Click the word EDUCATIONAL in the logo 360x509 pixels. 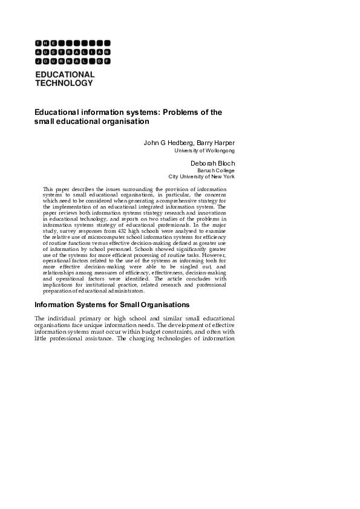pyautogui.click(x=65, y=74)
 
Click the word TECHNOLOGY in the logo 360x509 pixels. pyautogui.click(x=64, y=83)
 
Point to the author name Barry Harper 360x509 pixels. pyautogui.click(x=215, y=143)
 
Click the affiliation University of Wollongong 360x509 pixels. pyautogui.click(x=205, y=151)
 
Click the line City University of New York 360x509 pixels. pyautogui.click(x=201, y=177)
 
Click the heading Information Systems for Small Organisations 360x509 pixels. pyautogui.click(x=112, y=304)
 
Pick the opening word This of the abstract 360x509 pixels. pyautogui.click(x=48, y=189)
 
